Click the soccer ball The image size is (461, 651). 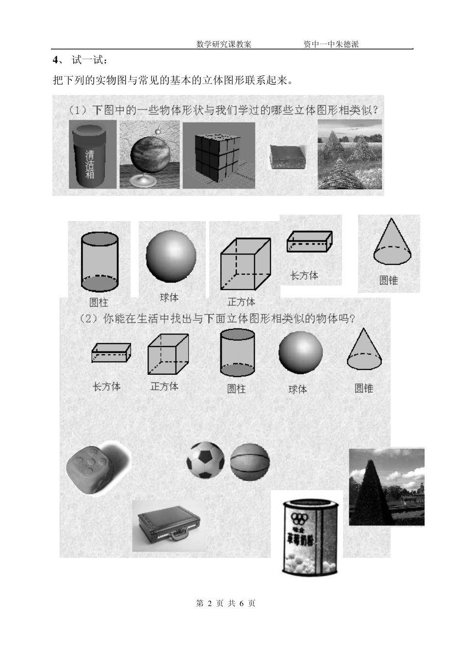tap(206, 460)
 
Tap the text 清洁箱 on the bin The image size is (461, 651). tap(90, 164)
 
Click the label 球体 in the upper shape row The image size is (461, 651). tap(169, 297)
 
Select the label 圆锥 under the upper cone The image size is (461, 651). tap(389, 280)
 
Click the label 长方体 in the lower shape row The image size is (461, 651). tap(106, 386)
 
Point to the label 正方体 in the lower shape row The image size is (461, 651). tap(165, 386)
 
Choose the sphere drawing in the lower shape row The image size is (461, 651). tap(300, 353)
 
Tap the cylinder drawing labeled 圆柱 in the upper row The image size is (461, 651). tap(99, 262)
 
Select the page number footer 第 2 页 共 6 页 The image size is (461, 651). tap(226, 603)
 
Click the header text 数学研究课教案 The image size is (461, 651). tap(224, 44)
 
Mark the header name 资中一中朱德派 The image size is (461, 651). tap(331, 44)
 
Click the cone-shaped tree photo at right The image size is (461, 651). tap(386, 487)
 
